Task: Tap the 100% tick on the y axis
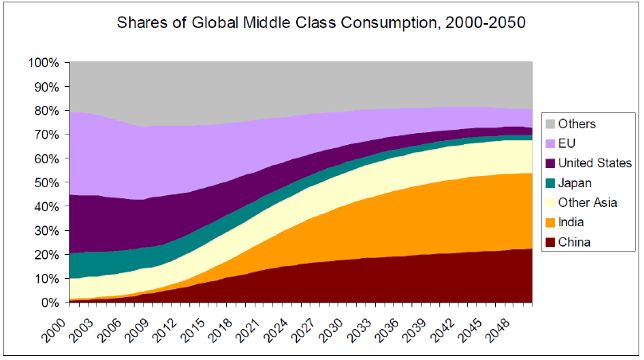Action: [x=44, y=62]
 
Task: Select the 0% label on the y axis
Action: [x=50, y=303]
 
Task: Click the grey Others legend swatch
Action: [x=549, y=123]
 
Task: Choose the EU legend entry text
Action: [x=567, y=143]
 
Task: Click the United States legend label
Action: [x=595, y=163]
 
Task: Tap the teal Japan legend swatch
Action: [x=549, y=183]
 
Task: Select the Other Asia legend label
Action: [x=587, y=203]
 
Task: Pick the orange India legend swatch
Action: [x=549, y=222]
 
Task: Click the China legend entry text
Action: [x=573, y=242]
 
